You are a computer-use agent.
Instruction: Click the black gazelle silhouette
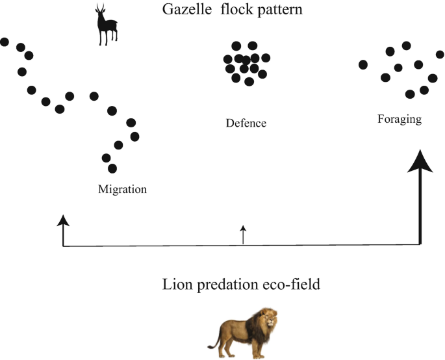[x=105, y=27]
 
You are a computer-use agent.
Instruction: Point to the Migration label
[x=122, y=190]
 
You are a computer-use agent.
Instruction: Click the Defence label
[x=246, y=123]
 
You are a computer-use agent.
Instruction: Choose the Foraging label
[x=400, y=120]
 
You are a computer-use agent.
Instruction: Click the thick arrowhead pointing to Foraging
[x=420, y=161]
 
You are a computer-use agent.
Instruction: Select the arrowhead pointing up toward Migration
[x=62, y=221]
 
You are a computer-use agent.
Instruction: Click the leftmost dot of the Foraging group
[x=363, y=64]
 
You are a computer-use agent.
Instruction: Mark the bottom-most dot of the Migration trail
[x=112, y=169]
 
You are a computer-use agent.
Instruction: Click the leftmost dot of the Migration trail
[x=4, y=42]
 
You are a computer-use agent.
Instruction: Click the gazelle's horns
[x=100, y=9]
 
